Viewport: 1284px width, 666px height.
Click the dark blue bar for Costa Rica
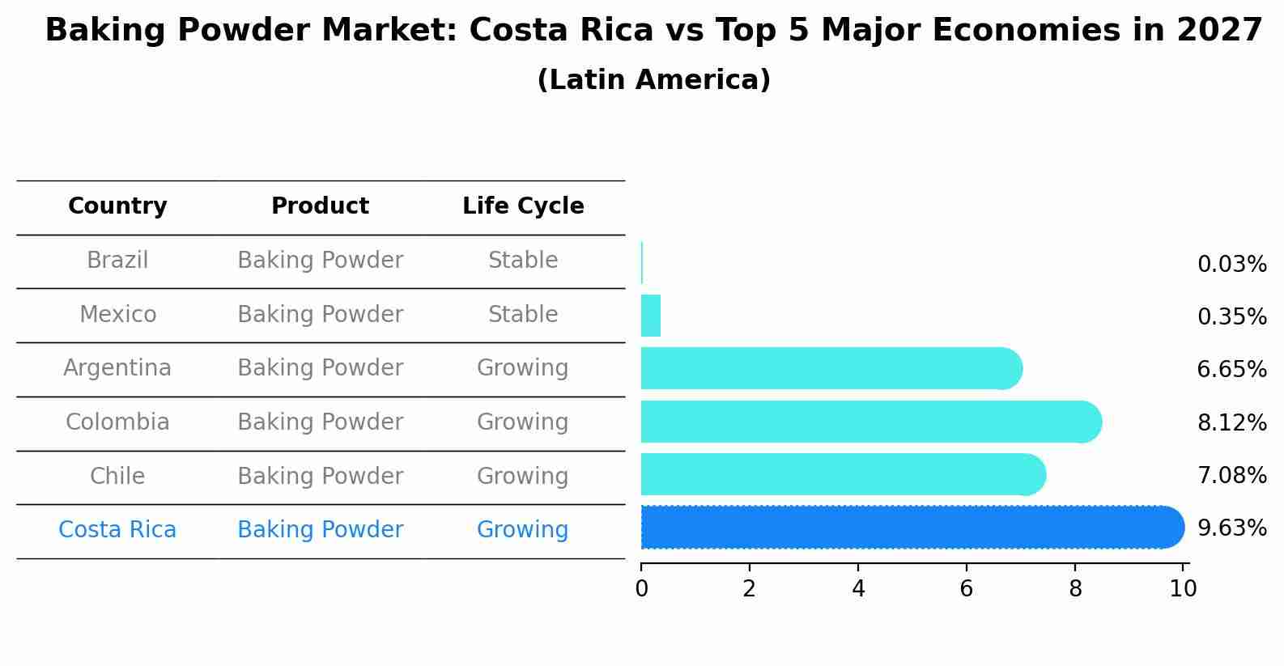pos(911,527)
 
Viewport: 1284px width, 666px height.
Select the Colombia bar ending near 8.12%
pos(870,422)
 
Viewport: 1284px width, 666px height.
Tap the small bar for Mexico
pos(651,316)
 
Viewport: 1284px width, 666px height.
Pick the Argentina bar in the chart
pos(830,368)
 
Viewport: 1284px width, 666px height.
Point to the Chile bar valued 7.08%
pos(842,474)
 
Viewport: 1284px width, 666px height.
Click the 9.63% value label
pos(1231,528)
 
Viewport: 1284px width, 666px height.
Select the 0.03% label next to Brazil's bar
pos(1231,265)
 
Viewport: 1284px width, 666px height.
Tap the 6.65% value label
pos(1231,370)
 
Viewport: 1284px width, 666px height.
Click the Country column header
pos(117,206)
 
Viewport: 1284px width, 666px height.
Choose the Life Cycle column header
pos(523,206)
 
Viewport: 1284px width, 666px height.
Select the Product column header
pos(320,206)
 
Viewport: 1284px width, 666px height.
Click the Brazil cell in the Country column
pos(117,261)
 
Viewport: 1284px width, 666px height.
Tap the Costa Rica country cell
pos(117,530)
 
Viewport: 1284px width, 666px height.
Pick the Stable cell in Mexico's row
pos(523,315)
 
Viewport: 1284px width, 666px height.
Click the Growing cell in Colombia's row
pos(523,422)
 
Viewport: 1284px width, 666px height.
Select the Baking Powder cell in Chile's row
pos(320,477)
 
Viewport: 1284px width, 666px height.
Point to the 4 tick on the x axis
pos(858,589)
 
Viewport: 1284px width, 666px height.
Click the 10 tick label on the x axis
pos(1183,589)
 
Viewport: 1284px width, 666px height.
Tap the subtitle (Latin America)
pos(653,80)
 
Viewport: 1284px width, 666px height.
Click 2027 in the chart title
pos(1219,31)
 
